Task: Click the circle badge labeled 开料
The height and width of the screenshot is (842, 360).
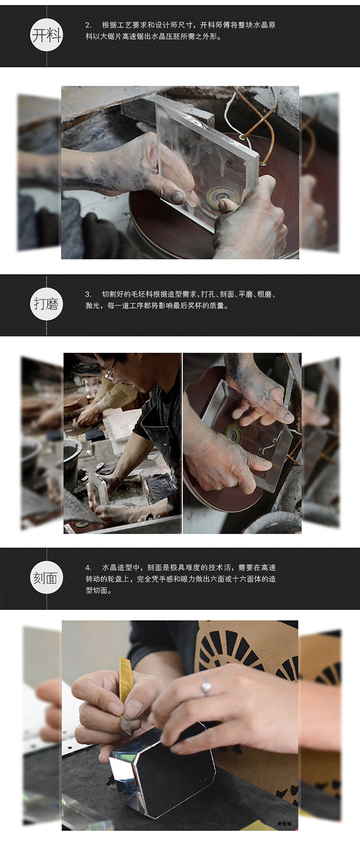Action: pyautogui.click(x=46, y=35)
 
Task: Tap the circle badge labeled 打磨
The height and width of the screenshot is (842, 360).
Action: pyautogui.click(x=46, y=304)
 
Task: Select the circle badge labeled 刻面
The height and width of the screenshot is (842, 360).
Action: pyautogui.click(x=46, y=578)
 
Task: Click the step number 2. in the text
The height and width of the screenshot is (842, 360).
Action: pyautogui.click(x=88, y=25)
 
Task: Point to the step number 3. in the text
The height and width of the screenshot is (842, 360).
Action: pyautogui.click(x=88, y=294)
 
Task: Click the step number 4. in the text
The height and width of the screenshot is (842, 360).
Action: pyautogui.click(x=88, y=567)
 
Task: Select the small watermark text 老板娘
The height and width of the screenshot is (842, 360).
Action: pyautogui.click(x=284, y=824)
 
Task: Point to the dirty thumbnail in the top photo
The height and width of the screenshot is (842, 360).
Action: pyautogui.click(x=178, y=196)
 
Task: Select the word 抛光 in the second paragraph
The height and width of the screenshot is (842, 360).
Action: pyautogui.click(x=93, y=305)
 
